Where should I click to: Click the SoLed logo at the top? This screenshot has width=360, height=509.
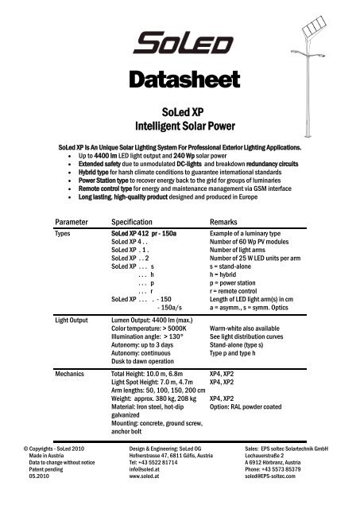(180, 41)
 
